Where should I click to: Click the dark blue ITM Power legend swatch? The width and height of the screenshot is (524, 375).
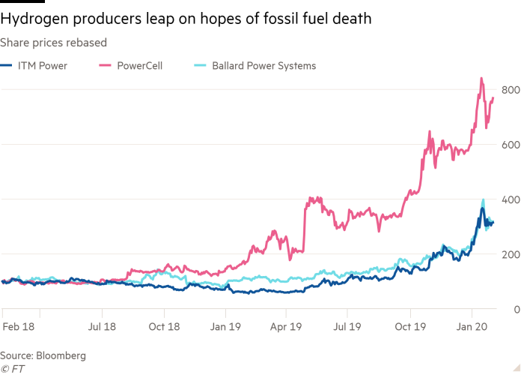click(6, 66)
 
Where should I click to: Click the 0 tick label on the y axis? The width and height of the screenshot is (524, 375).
click(516, 309)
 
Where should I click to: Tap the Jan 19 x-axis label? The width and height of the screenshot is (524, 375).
click(225, 327)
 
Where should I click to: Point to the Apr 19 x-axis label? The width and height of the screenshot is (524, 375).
click(286, 327)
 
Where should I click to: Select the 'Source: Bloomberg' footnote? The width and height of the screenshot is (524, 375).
click(43, 355)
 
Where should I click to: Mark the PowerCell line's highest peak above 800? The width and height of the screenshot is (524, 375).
click(481, 77)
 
